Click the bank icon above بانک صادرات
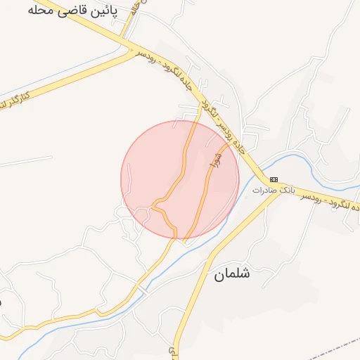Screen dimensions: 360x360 click(274, 179)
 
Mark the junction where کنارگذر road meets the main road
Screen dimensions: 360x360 click(132, 50)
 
